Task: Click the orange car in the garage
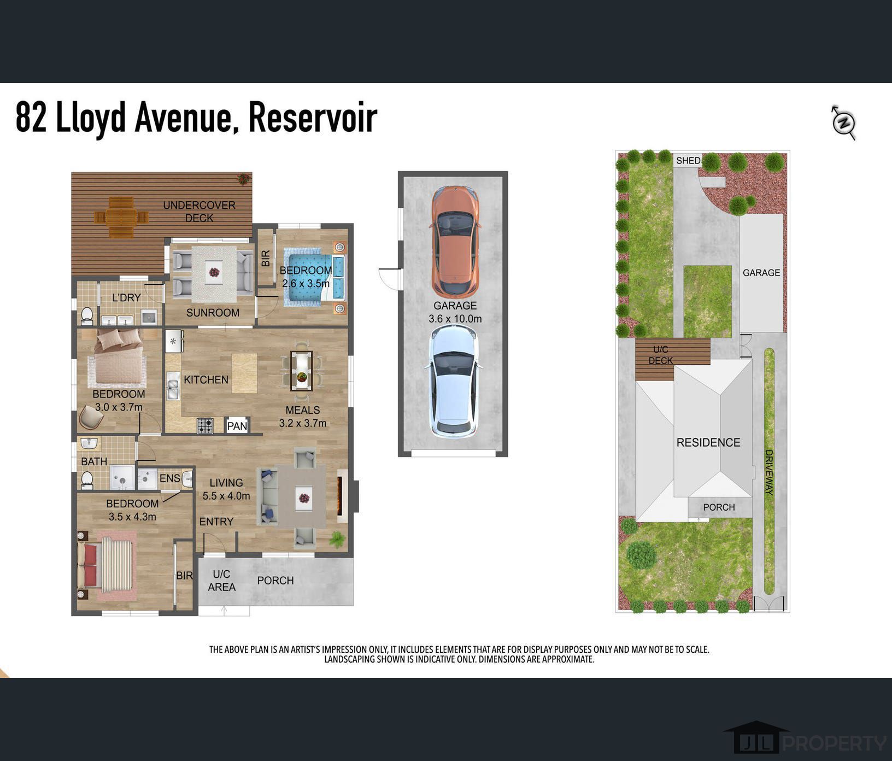coord(455,241)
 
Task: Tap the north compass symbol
coord(843,122)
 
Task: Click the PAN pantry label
coord(237,425)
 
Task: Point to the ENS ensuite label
coord(170,478)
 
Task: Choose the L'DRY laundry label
coord(127,297)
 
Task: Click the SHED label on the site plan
coord(688,160)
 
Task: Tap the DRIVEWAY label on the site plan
coord(769,472)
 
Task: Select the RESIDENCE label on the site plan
coord(708,442)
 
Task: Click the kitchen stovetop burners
coord(205,425)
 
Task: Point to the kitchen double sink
coord(173,385)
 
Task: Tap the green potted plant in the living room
coord(337,541)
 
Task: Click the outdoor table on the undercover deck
coord(121,217)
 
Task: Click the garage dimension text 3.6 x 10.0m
coord(455,319)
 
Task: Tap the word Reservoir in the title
coord(313,117)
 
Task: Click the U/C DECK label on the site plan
coord(660,355)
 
